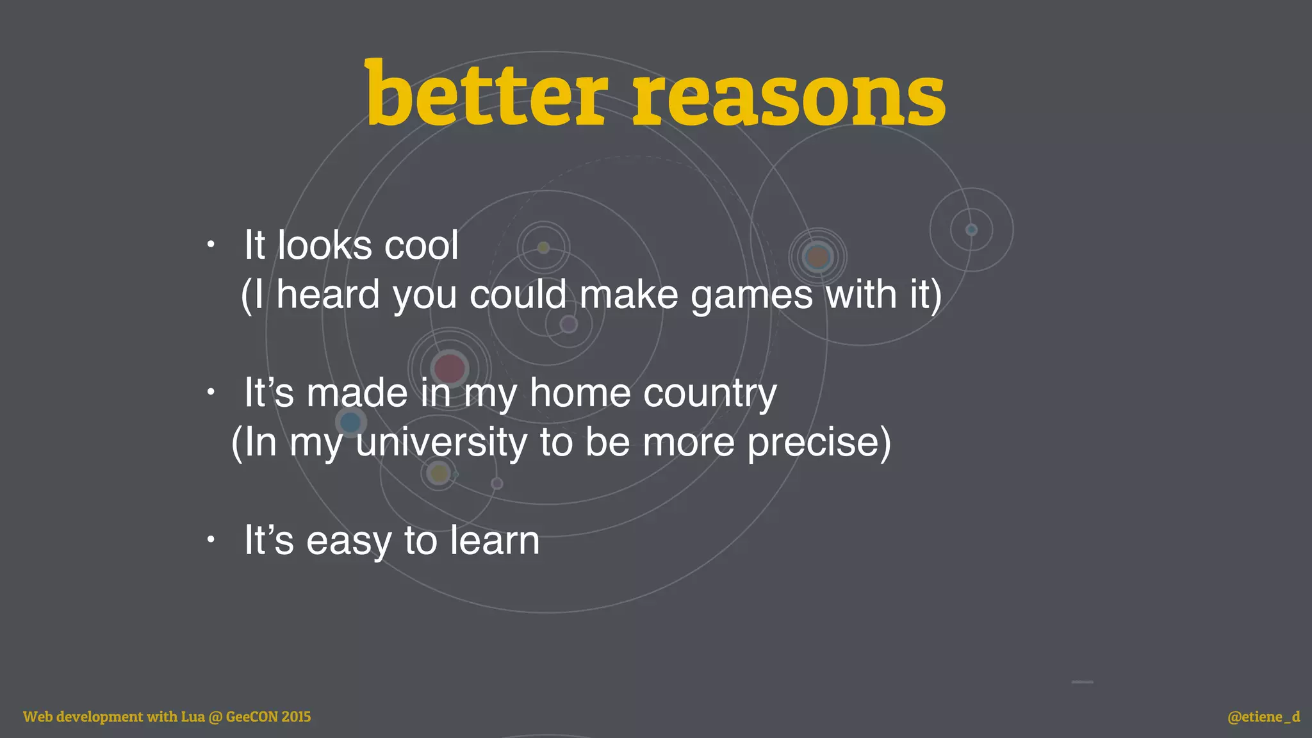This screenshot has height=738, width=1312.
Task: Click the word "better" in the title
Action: coord(485,95)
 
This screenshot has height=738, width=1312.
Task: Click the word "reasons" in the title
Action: coord(789,96)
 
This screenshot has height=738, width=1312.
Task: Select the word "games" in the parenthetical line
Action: coord(751,296)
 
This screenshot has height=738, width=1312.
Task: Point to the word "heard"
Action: coord(328,295)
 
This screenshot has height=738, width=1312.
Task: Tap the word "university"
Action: coord(441,443)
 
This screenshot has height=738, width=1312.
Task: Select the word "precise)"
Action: coord(819,443)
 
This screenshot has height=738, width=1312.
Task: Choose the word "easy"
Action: coord(348,542)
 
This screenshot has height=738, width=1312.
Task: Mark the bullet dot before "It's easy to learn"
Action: coord(211,540)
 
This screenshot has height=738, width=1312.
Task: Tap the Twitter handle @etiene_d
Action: coord(1263,717)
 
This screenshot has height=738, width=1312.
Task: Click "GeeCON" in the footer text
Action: coord(252,717)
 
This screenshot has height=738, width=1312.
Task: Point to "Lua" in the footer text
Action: coord(192,717)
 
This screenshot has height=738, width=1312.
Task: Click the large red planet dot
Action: coord(449,368)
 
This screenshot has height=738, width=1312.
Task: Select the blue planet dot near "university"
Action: coord(350,422)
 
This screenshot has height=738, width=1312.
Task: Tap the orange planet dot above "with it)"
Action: coord(817,258)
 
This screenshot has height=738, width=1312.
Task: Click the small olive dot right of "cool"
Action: coord(543,247)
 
